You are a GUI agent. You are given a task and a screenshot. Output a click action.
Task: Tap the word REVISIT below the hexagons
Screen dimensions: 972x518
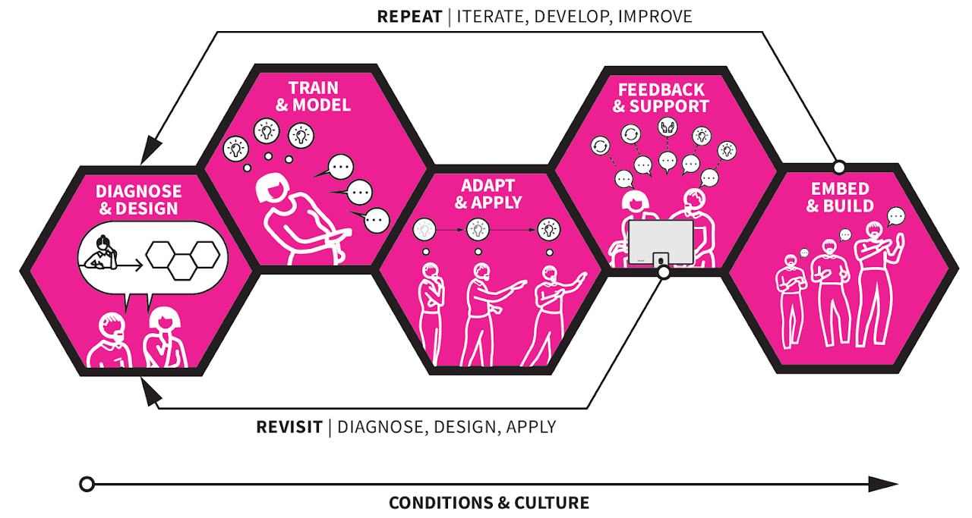289,427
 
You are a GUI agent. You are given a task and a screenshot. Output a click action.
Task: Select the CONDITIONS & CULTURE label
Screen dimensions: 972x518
489,503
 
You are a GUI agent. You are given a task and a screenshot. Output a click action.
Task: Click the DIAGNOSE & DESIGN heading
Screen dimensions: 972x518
138,199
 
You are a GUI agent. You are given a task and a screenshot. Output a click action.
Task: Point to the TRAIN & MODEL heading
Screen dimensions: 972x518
314,96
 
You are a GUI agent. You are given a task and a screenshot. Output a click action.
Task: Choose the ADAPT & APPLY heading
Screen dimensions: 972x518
488,193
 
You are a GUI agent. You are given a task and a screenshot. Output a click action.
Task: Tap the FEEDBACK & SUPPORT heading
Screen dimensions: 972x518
661,98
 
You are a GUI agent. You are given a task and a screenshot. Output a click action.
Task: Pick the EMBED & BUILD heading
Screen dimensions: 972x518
840,197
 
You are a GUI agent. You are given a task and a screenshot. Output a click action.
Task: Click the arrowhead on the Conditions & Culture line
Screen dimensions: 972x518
883,484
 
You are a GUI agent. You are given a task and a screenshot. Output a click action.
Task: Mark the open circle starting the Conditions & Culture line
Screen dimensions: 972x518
87,484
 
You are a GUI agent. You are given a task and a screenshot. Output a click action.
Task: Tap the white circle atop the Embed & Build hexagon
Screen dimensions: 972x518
839,167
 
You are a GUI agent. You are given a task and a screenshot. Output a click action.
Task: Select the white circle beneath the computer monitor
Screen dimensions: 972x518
664,272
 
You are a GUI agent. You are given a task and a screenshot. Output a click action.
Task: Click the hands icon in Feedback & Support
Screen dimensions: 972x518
667,127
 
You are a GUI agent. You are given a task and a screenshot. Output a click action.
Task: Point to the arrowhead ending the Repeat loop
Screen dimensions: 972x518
150,149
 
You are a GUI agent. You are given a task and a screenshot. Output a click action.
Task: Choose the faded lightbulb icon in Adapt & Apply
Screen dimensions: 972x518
424,230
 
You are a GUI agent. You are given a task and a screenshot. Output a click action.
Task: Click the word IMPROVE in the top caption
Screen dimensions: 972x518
655,17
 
